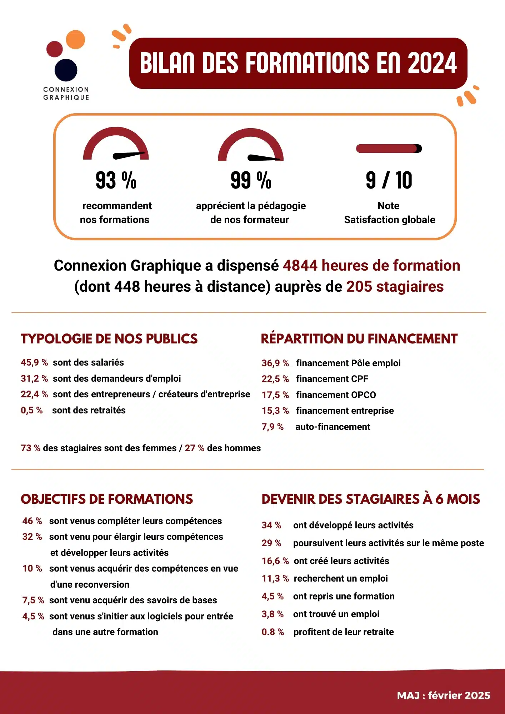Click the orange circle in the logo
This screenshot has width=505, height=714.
pos(75,40)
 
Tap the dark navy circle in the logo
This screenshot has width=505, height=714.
pos(66,70)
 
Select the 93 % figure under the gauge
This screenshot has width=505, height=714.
pos(116,180)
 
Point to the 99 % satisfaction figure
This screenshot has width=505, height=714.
pos(251,180)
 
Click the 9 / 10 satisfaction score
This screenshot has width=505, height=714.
pos(389,180)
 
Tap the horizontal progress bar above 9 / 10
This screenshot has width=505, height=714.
pos(389,149)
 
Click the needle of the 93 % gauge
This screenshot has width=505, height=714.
pos(129,155)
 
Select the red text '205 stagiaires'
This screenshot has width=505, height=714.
pos(395,287)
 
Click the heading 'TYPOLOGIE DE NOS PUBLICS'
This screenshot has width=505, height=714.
pos(109,339)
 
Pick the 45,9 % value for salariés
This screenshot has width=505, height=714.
pos(34,363)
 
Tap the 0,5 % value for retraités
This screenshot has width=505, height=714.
pos(32,411)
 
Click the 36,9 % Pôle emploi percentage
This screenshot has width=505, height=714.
pos(275,363)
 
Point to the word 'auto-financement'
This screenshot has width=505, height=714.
pos(332,427)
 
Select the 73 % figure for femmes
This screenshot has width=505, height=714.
pos(30,448)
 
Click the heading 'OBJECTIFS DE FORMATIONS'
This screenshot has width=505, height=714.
pos(107,499)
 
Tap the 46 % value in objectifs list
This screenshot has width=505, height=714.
pos(32,521)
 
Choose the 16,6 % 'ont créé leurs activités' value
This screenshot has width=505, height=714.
pos(275,561)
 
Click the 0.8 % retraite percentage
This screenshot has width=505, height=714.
pos(273,632)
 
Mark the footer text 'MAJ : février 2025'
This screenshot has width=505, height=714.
pos(443,695)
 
